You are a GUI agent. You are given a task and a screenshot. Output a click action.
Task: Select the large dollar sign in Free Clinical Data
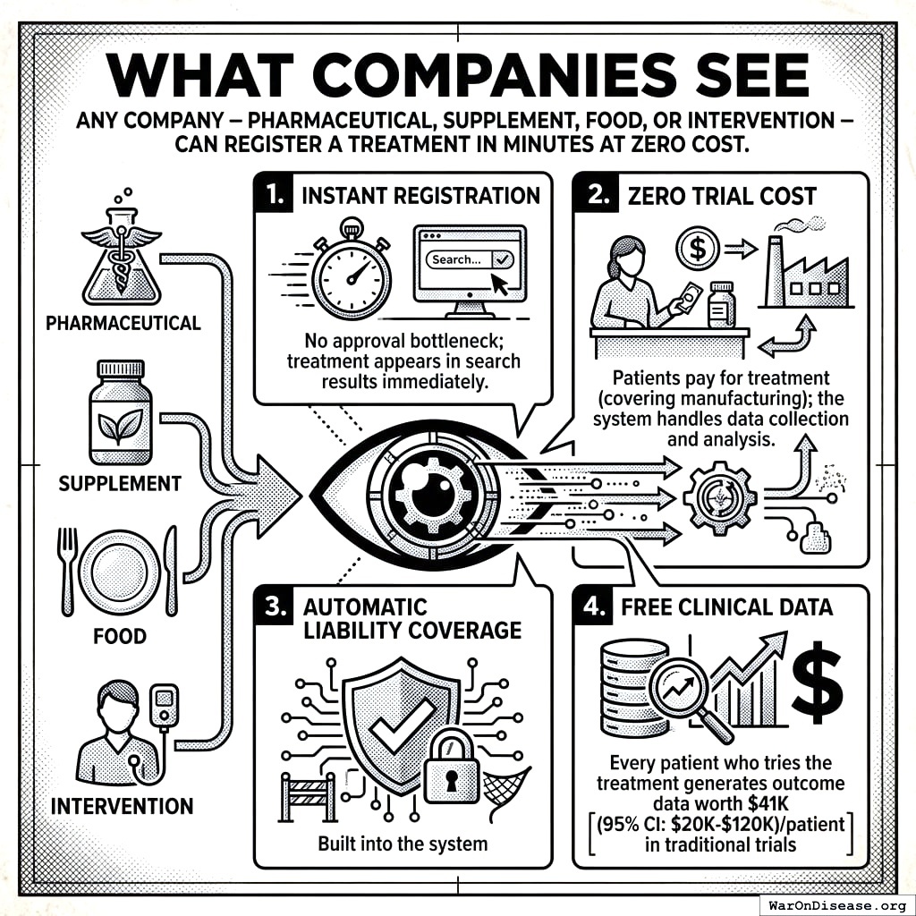tap(815, 680)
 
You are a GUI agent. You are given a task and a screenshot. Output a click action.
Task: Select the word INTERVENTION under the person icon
tap(122, 805)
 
